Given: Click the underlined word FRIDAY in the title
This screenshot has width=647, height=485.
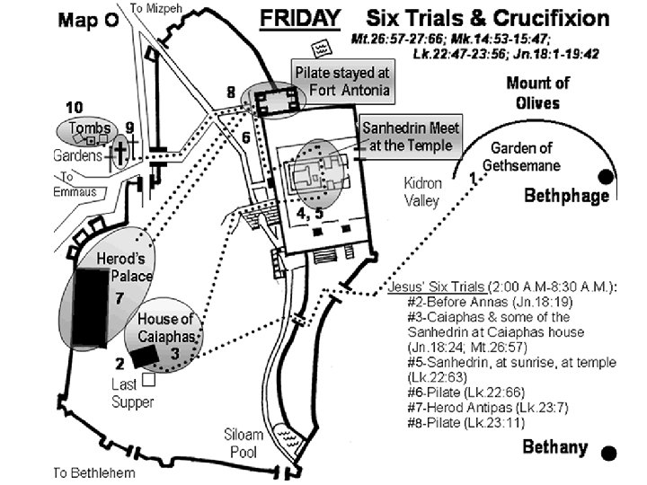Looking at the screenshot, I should pos(299,18).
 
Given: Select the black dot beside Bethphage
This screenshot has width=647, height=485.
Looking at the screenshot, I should pos(607,176).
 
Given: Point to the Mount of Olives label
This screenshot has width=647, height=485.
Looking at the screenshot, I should pos(537,93).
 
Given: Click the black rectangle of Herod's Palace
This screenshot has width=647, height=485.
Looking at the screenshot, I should pos(91,308).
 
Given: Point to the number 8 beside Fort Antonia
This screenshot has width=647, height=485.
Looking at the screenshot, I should pos(231,92).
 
